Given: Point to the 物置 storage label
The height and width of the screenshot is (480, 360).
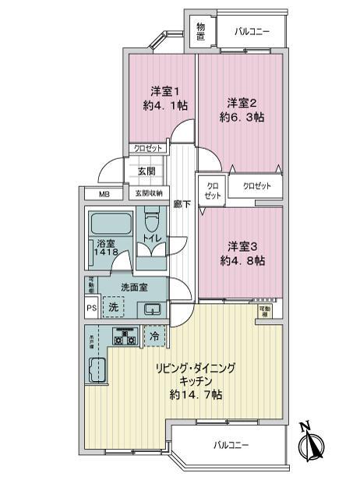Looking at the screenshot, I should [200, 32].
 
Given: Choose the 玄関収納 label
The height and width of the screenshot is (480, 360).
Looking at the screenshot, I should [148, 193].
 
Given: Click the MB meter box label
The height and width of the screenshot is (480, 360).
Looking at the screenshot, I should [104, 194].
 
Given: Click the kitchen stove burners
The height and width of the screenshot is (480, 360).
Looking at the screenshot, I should [124, 337].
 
